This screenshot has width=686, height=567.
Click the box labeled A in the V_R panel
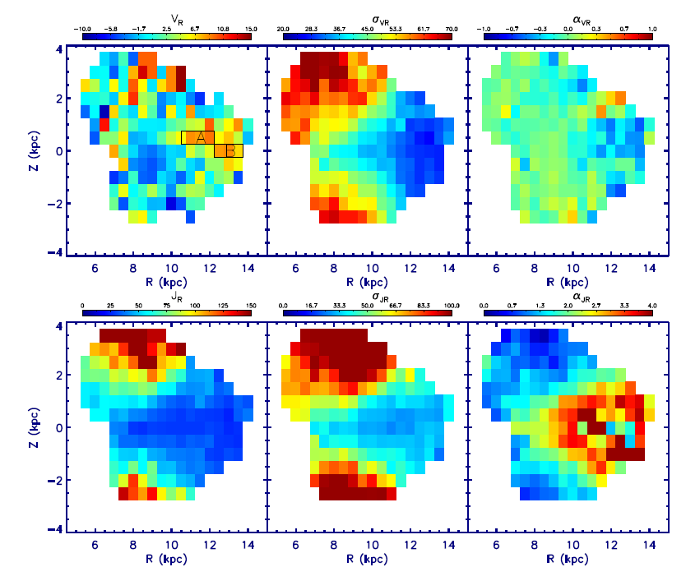[x=198, y=137]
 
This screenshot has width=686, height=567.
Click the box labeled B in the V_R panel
[x=229, y=150]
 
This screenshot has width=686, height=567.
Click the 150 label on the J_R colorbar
[x=248, y=305]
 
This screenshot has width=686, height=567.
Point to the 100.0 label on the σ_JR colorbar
[x=449, y=305]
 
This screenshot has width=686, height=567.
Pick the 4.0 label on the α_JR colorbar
[x=650, y=305]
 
